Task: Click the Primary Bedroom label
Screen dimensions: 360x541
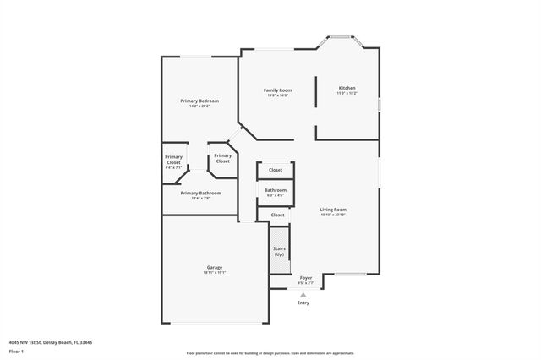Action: tap(199, 101)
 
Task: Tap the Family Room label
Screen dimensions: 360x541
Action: tap(277, 90)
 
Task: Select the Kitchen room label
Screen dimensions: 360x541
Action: tap(347, 88)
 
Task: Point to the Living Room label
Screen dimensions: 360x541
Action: tap(333, 210)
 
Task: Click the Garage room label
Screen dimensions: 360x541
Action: tap(215, 267)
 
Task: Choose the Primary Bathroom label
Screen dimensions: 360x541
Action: tap(201, 193)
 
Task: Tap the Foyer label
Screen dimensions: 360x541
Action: tap(306, 277)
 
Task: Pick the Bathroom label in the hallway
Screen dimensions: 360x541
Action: tap(276, 190)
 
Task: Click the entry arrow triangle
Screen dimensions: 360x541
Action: tap(303, 294)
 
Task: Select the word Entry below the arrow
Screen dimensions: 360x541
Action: tap(303, 303)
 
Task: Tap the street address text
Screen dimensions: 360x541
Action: tap(52, 341)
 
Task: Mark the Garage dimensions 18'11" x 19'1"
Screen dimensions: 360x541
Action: tap(215, 273)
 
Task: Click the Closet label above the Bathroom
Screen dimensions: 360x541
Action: tap(276, 170)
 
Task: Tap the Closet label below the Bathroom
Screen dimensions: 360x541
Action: tap(277, 215)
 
